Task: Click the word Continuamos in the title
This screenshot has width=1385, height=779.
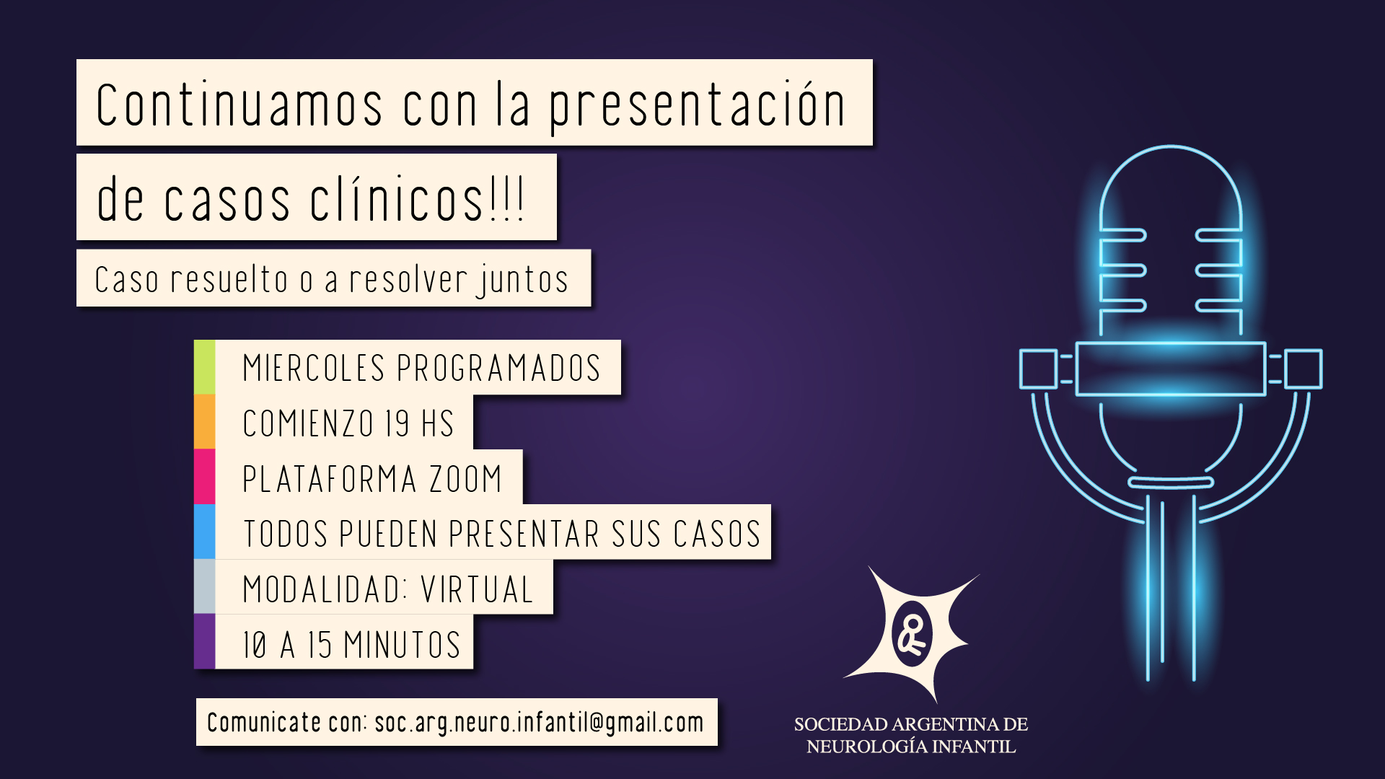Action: (x=239, y=105)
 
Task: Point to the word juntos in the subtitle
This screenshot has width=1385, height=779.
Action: (x=522, y=281)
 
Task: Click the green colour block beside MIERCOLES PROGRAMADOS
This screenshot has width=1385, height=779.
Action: (x=204, y=367)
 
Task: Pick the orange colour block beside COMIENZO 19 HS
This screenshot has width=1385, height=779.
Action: (x=204, y=422)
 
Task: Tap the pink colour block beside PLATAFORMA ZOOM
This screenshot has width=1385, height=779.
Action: (x=204, y=477)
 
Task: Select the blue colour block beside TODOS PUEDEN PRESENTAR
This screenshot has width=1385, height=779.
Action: (x=204, y=532)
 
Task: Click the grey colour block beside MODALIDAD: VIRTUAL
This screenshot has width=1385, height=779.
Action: (x=204, y=586)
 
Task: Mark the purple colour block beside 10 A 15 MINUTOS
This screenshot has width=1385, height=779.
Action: (x=204, y=641)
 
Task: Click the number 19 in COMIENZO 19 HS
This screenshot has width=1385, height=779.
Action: (x=397, y=423)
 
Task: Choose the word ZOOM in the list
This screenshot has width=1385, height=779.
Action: (x=465, y=479)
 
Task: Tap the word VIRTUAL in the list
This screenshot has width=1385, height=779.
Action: (x=477, y=589)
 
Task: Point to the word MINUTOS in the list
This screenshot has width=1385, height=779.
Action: (x=402, y=645)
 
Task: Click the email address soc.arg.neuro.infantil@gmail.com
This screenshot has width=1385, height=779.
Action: (x=539, y=723)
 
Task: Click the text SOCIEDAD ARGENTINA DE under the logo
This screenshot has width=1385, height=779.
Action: (x=911, y=724)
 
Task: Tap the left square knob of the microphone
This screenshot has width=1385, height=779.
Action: (x=1039, y=369)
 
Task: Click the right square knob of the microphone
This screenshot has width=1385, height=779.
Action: (x=1303, y=369)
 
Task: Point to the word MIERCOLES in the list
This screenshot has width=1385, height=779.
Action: (x=315, y=368)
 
